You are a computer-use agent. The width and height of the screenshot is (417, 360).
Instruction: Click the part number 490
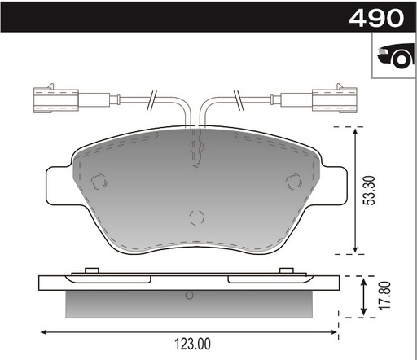pyautogui.click(x=376, y=18)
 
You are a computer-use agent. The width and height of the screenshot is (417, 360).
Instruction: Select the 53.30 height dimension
pyautogui.click(x=371, y=191)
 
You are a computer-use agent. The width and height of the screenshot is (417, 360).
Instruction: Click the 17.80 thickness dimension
pyautogui.click(x=385, y=295)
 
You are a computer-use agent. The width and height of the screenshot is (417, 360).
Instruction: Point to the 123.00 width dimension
pyautogui.click(x=192, y=344)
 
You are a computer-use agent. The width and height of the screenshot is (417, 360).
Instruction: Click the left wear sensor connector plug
pyautogui.click(x=56, y=99)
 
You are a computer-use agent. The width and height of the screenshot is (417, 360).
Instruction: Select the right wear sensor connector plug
pyautogui.click(x=335, y=99)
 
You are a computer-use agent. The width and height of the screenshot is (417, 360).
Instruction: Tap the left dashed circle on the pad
pyautogui.click(x=99, y=182)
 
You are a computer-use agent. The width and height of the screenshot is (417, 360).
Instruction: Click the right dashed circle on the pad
pyautogui.click(x=294, y=181)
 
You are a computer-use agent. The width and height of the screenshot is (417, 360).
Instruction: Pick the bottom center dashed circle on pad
pyautogui.click(x=196, y=217)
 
